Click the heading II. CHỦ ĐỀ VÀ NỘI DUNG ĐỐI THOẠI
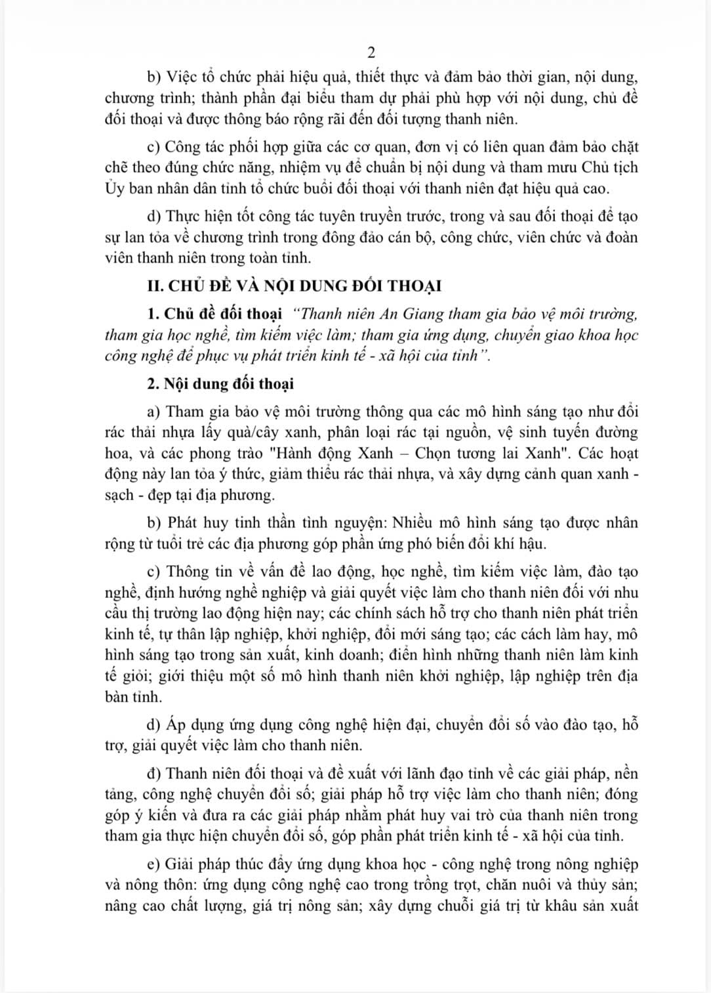[294, 286]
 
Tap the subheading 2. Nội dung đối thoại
[220, 384]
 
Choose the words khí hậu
[521, 544]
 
